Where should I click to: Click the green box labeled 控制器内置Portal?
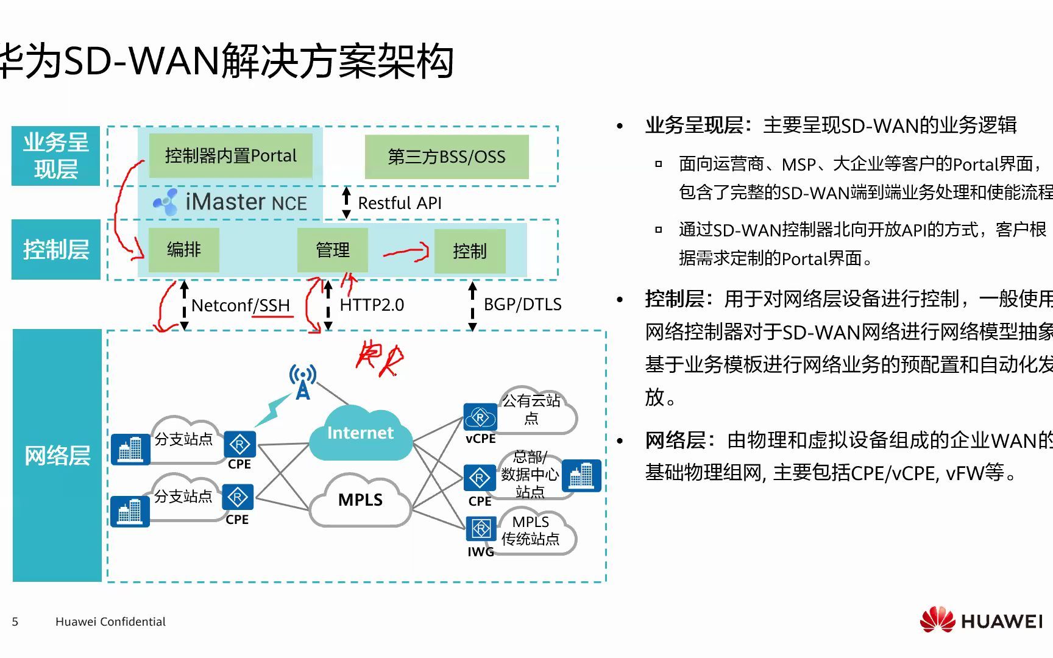pos(230,156)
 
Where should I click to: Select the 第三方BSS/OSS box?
pos(446,157)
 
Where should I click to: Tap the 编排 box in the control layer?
pos(183,250)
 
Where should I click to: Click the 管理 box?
pos(332,250)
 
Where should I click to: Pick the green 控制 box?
pos(469,250)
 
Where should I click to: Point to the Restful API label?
pos(399,203)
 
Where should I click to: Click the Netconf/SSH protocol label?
pos(240,305)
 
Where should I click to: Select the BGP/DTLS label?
pos(522,304)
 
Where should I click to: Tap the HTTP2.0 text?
pos(372,305)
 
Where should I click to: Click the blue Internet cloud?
pos(360,433)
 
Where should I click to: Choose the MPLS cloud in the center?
pos(360,500)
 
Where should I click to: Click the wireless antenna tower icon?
pos(302,382)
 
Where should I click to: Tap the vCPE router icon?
pos(480,418)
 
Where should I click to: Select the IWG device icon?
pos(481,528)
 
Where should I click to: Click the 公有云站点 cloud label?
pos(531,409)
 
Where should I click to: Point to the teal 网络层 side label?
pos(57,455)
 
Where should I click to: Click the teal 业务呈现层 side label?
pos(55,156)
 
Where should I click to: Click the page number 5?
pos(15,622)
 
